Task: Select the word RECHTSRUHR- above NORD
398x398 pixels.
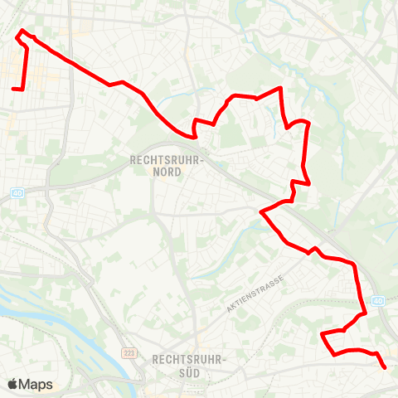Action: click(167, 158)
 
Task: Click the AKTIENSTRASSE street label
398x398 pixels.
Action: click(255, 293)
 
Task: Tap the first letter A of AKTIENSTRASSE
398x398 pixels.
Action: click(229, 309)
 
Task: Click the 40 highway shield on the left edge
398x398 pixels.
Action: click(17, 192)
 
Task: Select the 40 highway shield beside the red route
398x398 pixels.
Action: click(379, 300)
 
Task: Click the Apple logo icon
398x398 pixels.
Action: click(13, 384)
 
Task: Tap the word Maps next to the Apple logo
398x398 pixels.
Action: click(36, 384)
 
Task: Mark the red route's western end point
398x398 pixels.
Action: click(13, 88)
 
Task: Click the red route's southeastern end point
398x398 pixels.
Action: click(385, 366)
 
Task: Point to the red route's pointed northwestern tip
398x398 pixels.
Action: click(22, 32)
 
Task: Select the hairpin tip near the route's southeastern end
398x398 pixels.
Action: click(322, 334)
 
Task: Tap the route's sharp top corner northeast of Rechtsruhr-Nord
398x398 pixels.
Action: click(282, 88)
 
